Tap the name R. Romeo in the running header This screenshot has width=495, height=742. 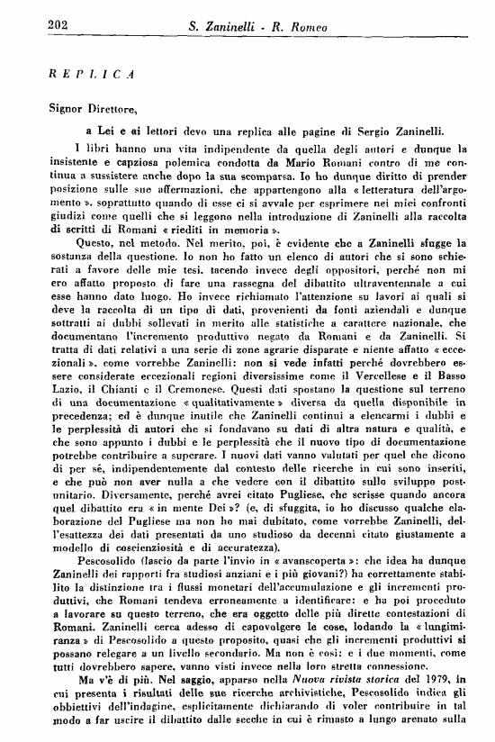[316, 27]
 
